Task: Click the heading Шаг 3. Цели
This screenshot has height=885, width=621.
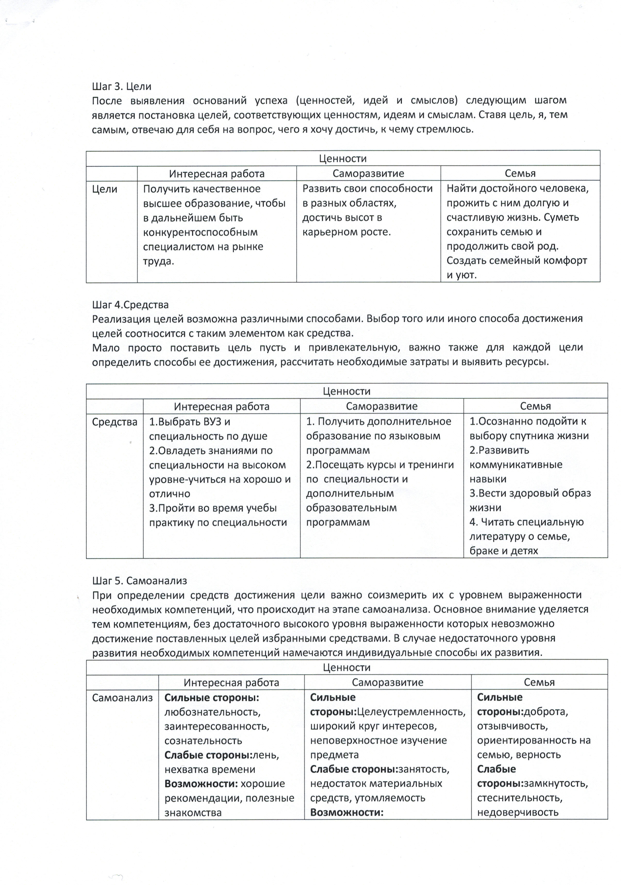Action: (x=121, y=87)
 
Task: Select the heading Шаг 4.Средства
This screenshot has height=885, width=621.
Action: (x=130, y=305)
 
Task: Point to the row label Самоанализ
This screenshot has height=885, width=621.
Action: (x=122, y=698)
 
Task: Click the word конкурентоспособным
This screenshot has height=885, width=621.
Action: (x=200, y=232)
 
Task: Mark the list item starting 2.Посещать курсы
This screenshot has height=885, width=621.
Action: (x=380, y=465)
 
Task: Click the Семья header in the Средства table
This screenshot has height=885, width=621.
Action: (x=535, y=406)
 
